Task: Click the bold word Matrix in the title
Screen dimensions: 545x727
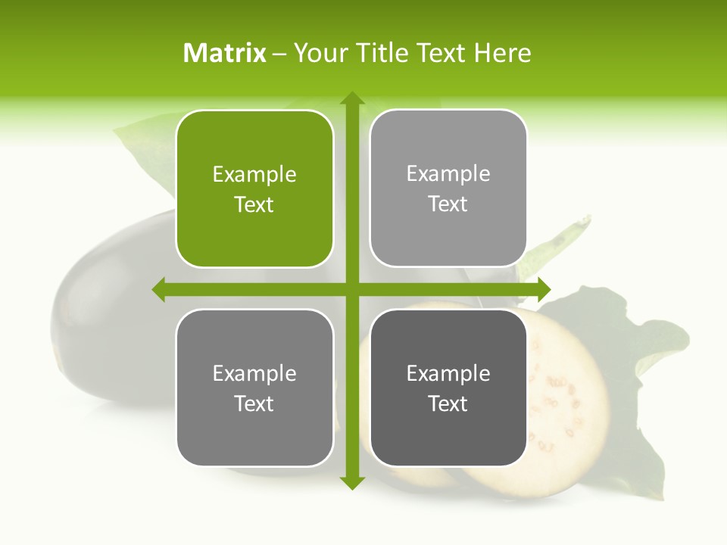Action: point(225,53)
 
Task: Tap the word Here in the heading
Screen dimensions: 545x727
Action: point(502,53)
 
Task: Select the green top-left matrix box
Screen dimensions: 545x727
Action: point(254,188)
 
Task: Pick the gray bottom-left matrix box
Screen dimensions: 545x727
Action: point(254,388)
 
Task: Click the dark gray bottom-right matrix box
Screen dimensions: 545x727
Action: point(448,388)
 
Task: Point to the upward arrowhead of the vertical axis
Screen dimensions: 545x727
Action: point(352,98)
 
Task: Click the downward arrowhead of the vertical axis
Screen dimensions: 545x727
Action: point(352,482)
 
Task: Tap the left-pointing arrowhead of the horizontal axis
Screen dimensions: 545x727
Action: point(159,289)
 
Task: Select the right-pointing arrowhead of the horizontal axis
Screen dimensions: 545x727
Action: point(543,289)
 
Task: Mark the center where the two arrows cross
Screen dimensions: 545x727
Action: point(352,289)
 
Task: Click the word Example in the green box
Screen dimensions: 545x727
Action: point(254,174)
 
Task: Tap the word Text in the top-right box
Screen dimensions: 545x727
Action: point(448,204)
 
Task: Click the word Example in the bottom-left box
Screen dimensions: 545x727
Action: point(254,373)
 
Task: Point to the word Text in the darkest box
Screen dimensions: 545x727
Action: point(448,403)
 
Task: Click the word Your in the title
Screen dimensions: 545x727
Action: point(318,53)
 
